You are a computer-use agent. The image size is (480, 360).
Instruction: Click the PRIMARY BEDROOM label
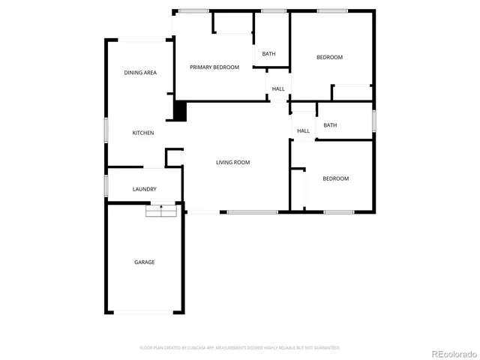214,67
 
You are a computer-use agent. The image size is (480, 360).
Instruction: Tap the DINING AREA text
140,73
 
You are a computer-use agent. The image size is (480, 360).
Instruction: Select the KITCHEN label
143,133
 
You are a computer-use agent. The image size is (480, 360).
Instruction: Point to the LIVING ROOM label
232,162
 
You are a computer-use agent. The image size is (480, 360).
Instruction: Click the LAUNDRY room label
144,189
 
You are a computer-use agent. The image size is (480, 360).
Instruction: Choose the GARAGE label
144,262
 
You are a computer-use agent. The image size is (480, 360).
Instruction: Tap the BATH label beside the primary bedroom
268,53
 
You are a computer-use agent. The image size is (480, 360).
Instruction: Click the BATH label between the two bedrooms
330,125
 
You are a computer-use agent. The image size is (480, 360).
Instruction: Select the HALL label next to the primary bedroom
278,88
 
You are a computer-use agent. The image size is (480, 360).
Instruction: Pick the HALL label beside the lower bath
303,130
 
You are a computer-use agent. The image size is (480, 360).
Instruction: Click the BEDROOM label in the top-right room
329,57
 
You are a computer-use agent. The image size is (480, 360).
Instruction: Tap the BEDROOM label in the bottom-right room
335,178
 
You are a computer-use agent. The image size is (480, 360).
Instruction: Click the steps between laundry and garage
161,211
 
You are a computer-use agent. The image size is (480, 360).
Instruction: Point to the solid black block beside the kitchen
180,111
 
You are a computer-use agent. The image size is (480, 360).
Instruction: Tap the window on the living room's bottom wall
252,213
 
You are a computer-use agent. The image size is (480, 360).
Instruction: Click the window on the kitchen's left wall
106,132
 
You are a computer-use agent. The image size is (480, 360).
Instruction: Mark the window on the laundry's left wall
106,185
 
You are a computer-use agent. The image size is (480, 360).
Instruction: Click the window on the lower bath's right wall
373,120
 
